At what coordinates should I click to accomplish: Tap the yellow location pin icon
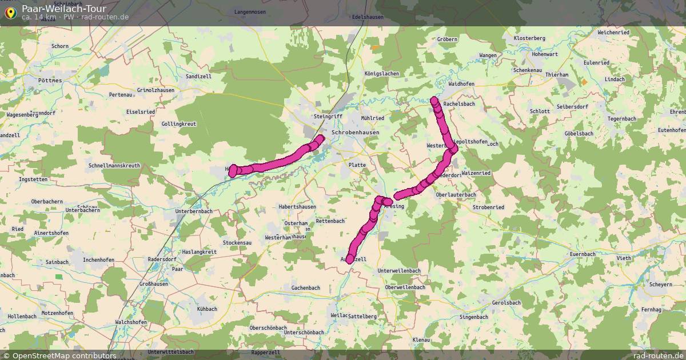(10, 11)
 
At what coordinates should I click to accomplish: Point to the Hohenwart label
(544, 54)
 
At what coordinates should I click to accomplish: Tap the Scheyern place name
(661, 284)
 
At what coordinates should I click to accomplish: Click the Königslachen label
(382, 74)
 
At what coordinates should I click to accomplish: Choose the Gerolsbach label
(506, 302)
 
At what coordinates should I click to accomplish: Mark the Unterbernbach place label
(194, 211)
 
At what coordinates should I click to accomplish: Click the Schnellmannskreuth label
(114, 165)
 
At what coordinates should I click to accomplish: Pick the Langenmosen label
(250, 12)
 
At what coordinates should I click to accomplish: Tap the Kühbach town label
(207, 309)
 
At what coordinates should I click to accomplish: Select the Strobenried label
(488, 207)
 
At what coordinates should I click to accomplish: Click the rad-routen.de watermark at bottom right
(659, 355)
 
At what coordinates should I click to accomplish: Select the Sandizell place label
(198, 76)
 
